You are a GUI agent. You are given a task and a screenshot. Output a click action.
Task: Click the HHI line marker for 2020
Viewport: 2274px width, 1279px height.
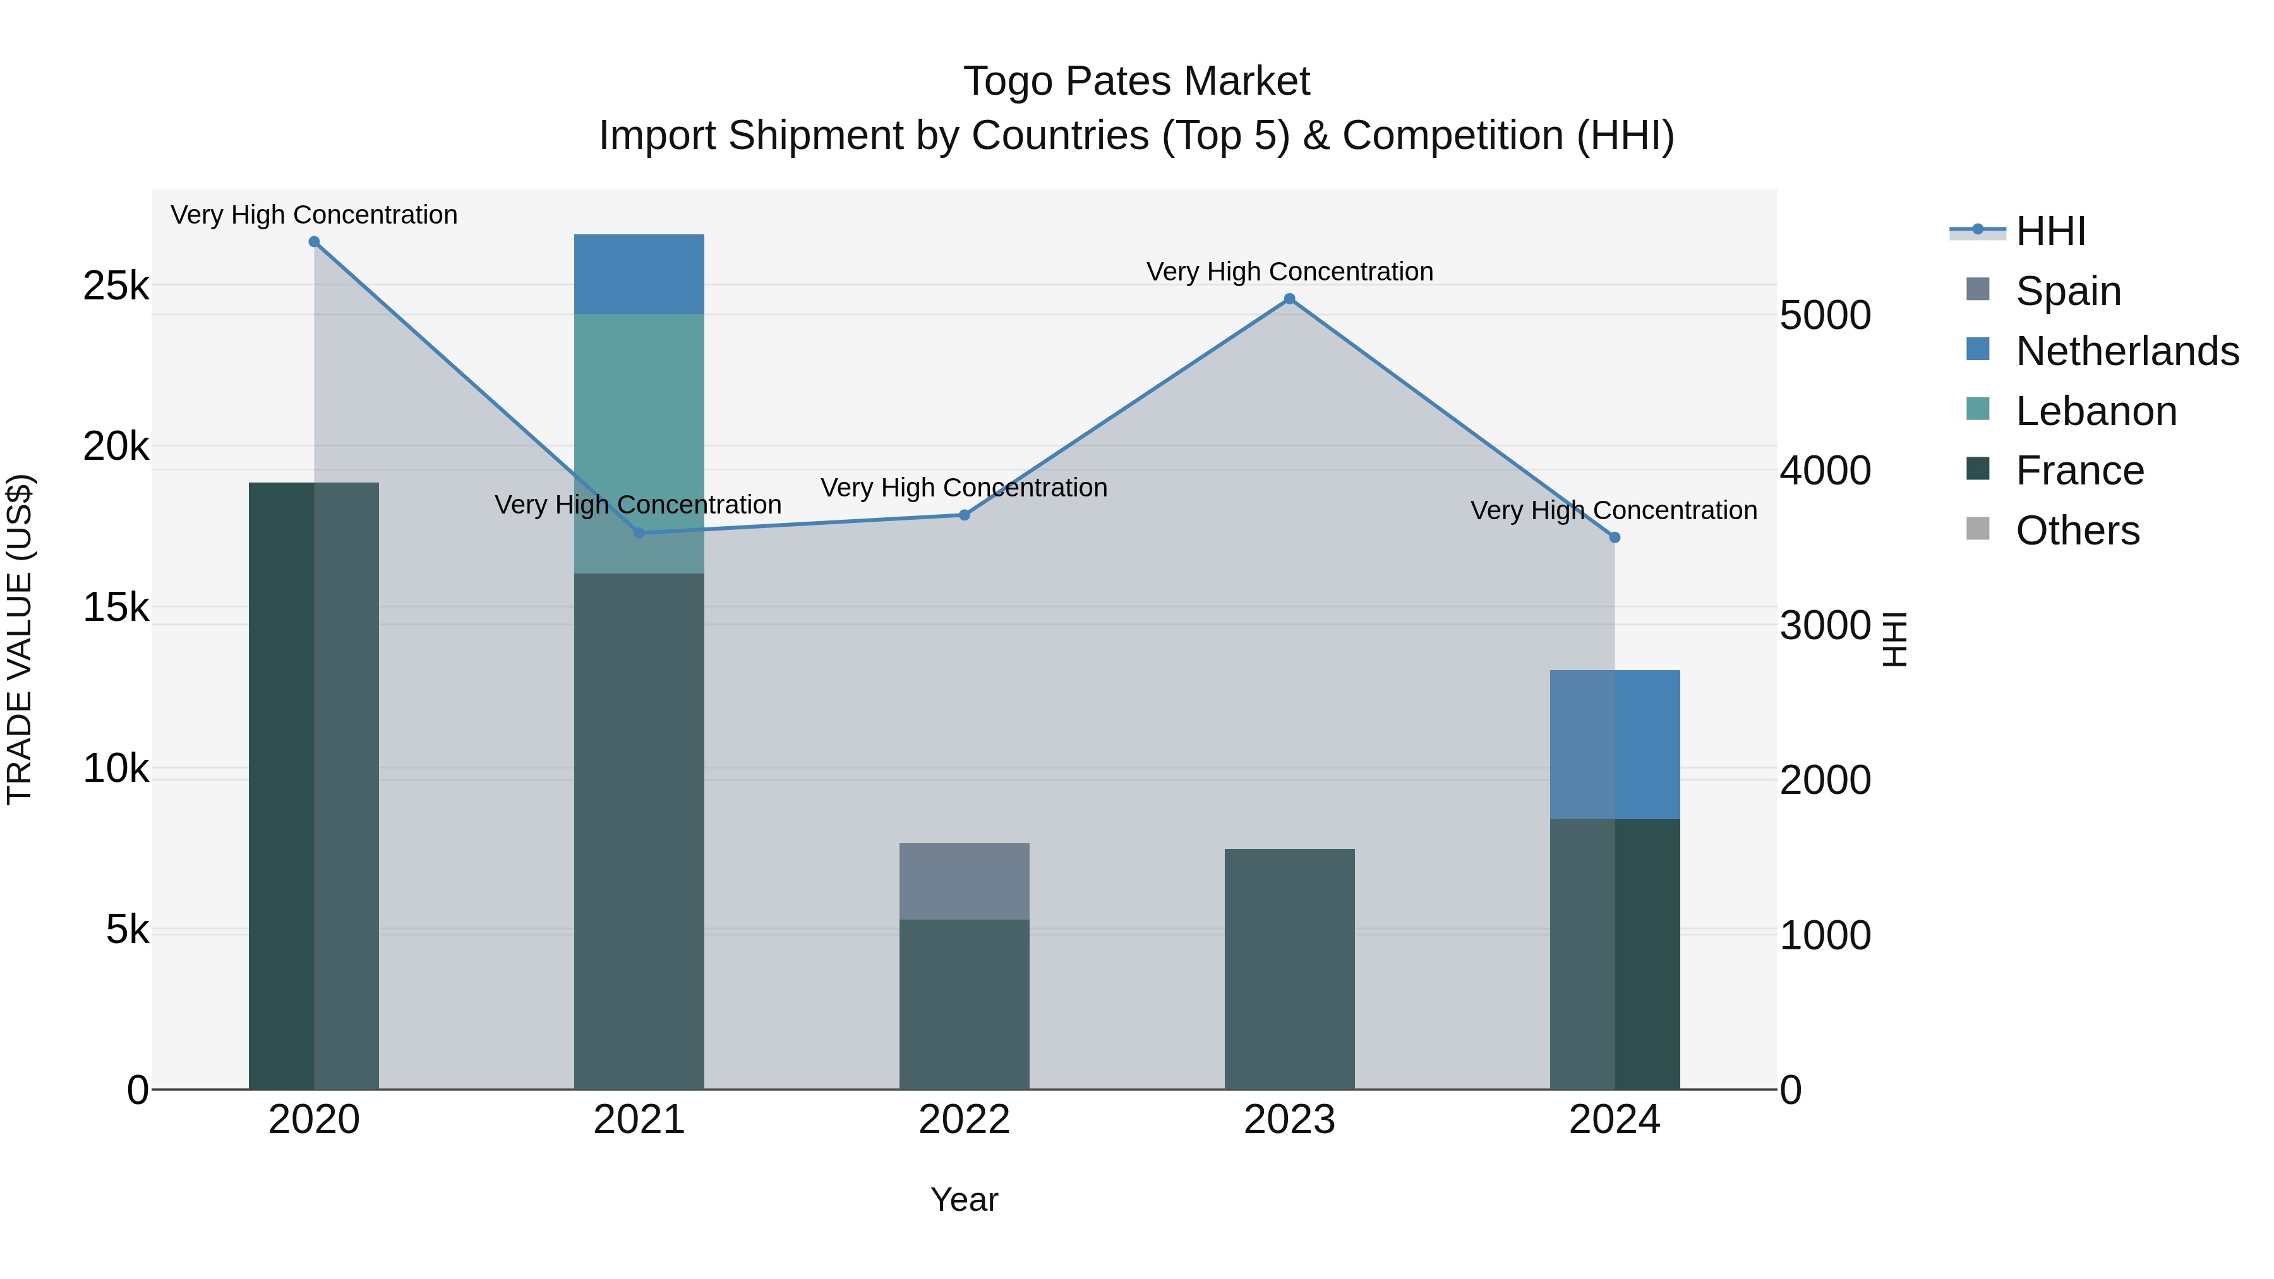[315, 242]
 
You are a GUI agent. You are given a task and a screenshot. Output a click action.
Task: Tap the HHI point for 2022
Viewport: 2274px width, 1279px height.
[965, 515]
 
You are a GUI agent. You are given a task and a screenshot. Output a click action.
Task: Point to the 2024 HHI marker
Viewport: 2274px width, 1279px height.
[1615, 537]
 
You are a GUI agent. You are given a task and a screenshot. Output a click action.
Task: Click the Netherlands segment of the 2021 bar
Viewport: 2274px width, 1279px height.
[639, 273]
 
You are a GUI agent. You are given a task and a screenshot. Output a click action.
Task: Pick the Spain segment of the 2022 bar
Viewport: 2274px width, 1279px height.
[964, 881]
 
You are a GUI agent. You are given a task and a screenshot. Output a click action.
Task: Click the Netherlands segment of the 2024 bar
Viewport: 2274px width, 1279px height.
[1615, 744]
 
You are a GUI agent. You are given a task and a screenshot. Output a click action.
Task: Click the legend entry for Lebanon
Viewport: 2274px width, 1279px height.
[2096, 411]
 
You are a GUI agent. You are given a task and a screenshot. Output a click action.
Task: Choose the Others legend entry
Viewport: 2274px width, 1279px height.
[2077, 531]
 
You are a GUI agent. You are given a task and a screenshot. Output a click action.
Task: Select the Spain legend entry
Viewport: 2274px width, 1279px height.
[2067, 291]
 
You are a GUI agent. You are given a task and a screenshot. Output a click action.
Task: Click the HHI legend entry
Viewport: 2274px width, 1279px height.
[2050, 231]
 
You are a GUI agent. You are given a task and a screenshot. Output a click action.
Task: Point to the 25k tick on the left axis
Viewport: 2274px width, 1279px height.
[116, 286]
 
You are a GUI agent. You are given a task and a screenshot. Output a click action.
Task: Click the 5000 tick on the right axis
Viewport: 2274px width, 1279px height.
[1825, 315]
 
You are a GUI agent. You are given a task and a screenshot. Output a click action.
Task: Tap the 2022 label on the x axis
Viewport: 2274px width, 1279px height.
[964, 1120]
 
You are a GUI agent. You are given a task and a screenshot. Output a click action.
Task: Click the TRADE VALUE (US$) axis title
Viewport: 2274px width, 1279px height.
[20, 639]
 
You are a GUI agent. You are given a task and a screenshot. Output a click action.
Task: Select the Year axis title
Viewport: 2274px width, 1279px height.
[964, 1199]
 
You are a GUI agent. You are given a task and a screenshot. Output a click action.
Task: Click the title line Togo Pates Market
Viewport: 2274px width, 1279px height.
[1136, 81]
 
